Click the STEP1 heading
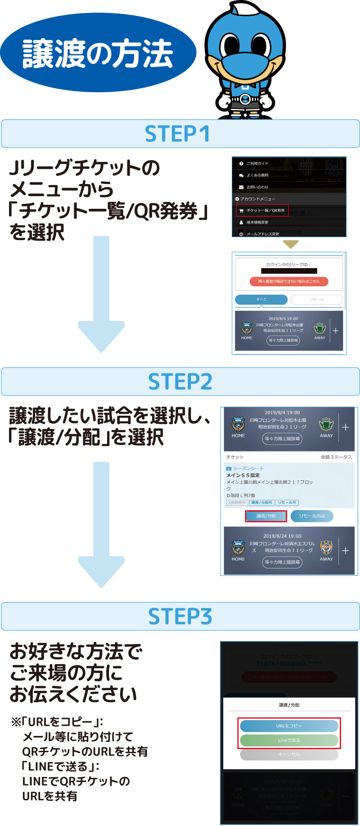(177, 134)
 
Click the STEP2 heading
(180, 382)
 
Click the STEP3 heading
(180, 616)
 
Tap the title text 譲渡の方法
(98, 54)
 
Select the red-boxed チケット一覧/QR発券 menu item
(262, 211)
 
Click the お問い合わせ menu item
(257, 187)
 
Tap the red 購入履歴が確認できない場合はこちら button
(289, 282)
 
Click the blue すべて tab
(261, 300)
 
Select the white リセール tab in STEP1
(316, 300)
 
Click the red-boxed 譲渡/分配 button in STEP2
(266, 516)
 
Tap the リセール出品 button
(312, 516)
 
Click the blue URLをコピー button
(289, 726)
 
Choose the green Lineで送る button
(289, 740)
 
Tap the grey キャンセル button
(289, 754)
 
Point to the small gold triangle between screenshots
(291, 244)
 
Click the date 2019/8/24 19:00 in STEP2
(282, 536)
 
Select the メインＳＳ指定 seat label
(243, 475)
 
